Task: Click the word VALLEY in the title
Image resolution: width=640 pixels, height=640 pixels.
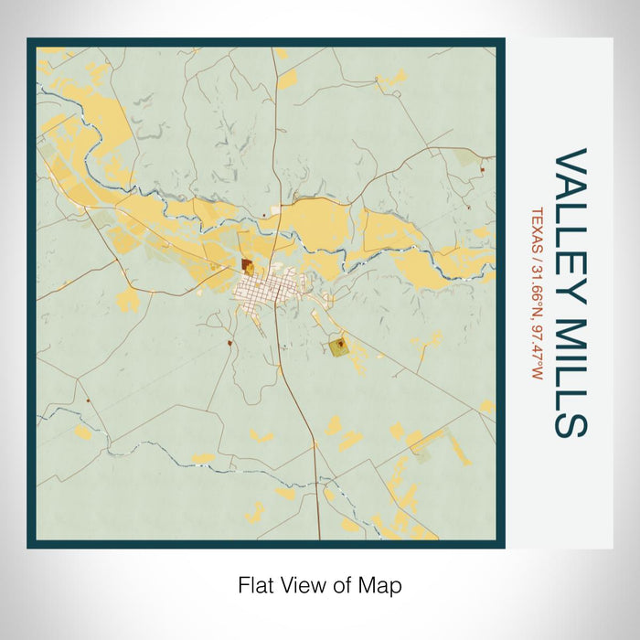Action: coord(570,219)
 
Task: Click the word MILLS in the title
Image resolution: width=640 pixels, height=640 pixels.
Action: coord(570,366)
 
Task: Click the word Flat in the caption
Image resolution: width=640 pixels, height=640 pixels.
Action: coord(256,583)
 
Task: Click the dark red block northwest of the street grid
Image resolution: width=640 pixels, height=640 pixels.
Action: coord(248,266)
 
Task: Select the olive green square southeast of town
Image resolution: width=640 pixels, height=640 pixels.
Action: coord(339,345)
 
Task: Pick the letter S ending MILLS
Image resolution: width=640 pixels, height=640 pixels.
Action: coord(570,421)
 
